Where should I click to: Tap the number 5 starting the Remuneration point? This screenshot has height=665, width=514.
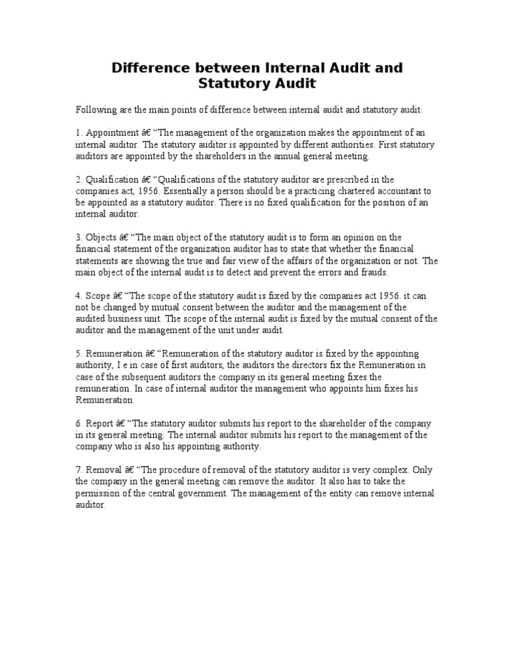78,353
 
